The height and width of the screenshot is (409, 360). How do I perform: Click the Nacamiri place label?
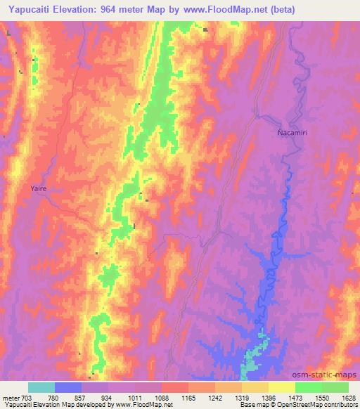point(290,131)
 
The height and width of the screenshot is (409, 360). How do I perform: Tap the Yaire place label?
point(39,188)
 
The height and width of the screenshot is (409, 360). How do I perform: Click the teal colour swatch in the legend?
point(41,387)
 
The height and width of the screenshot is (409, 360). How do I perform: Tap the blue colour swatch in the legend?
point(68,387)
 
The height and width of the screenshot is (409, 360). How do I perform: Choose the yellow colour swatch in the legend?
point(282,387)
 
